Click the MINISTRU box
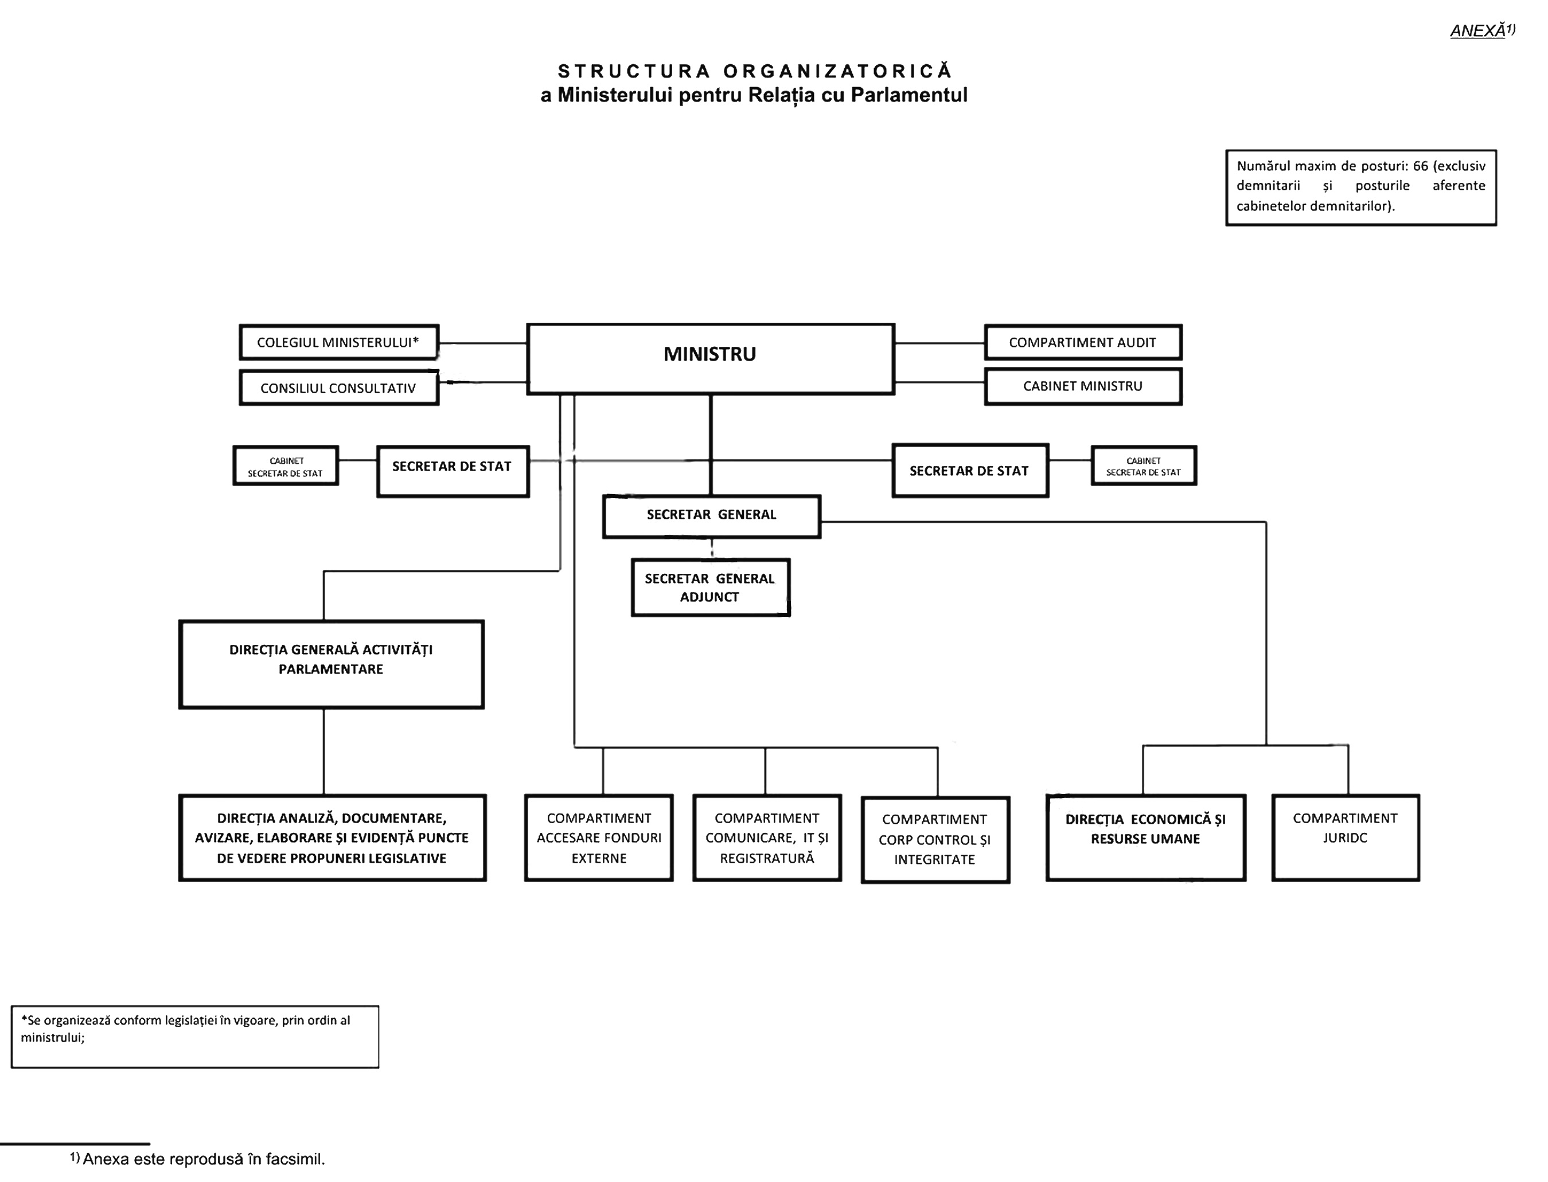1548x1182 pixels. pos(710,359)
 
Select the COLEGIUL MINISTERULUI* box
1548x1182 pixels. pos(338,343)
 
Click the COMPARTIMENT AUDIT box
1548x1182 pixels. pos(1083,343)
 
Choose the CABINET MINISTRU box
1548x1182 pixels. pos(1083,386)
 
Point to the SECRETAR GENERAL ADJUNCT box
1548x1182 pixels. pos(710,588)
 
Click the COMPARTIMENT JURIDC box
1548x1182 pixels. pos(1346,837)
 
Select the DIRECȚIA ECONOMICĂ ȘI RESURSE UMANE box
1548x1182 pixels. pos(1145,837)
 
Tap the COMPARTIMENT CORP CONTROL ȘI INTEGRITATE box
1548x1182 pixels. pos(935,839)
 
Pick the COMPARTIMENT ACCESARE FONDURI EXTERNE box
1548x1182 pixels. pos(599,837)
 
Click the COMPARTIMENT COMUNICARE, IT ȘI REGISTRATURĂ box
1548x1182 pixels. pos(767,837)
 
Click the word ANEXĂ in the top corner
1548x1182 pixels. pos(1477,31)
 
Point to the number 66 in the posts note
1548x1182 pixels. pos(1420,166)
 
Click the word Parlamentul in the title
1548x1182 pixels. pos(909,95)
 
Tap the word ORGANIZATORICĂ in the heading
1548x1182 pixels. pos(838,71)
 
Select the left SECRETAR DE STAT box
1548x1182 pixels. pos(453,471)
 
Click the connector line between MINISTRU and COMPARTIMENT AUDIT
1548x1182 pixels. pos(939,343)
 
